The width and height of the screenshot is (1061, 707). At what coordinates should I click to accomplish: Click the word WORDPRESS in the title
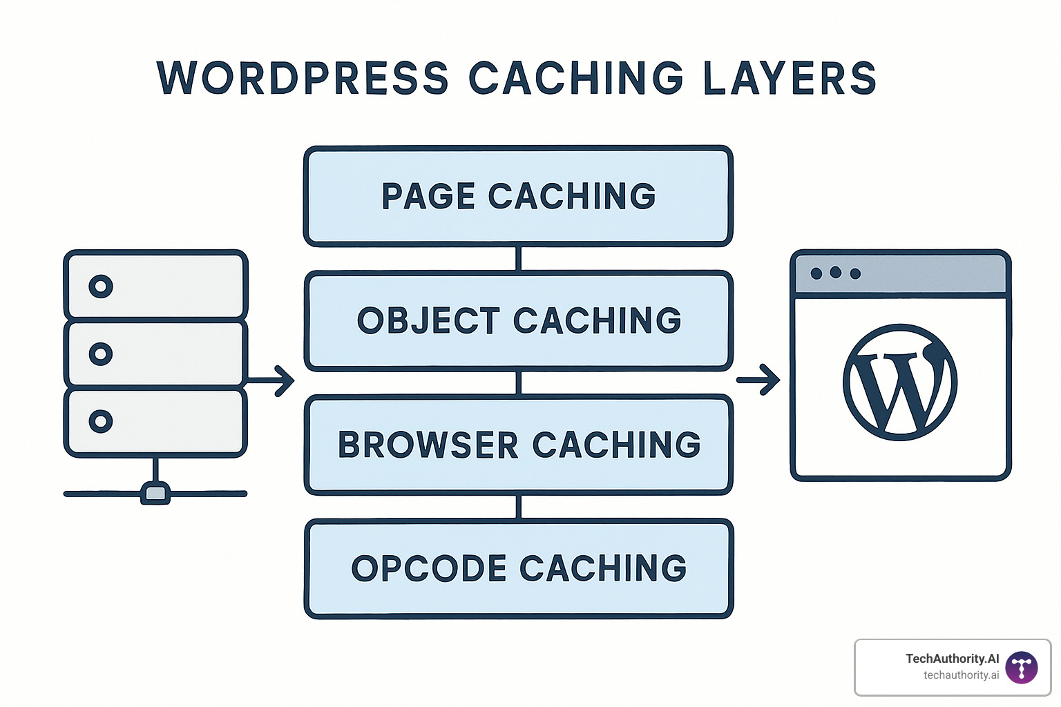pyautogui.click(x=303, y=78)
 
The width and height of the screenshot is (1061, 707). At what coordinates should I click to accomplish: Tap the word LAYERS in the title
pyautogui.click(x=790, y=78)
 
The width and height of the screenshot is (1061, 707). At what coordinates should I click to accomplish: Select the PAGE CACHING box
pyautogui.click(x=518, y=196)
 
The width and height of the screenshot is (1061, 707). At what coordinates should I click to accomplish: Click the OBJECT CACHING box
pyautogui.click(x=518, y=320)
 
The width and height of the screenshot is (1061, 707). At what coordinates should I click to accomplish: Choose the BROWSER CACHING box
pyautogui.click(x=518, y=445)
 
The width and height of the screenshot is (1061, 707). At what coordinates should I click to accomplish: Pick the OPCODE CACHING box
pyautogui.click(x=518, y=568)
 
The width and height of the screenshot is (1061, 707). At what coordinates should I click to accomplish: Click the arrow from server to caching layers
pyautogui.click(x=271, y=380)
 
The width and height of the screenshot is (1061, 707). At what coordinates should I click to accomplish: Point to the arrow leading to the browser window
pyautogui.click(x=758, y=380)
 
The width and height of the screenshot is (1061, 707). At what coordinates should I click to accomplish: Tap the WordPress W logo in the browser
pyautogui.click(x=900, y=382)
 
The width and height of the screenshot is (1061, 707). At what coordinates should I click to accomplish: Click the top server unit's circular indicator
pyautogui.click(x=101, y=286)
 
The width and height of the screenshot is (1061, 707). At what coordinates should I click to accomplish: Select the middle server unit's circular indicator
pyautogui.click(x=101, y=353)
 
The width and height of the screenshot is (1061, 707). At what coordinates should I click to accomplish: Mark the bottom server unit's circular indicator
pyautogui.click(x=101, y=420)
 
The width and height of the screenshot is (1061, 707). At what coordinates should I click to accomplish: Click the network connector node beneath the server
pyautogui.click(x=155, y=493)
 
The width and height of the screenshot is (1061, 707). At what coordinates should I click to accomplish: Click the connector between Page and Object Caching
pyautogui.click(x=518, y=258)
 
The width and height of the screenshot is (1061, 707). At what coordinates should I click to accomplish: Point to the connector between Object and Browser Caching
pyautogui.click(x=518, y=382)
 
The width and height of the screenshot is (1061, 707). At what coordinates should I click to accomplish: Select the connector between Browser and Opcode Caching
pyautogui.click(x=518, y=507)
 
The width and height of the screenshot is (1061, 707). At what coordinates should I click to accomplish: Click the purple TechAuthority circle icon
pyautogui.click(x=1022, y=668)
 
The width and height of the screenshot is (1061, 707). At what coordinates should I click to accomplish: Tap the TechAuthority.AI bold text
pyautogui.click(x=952, y=659)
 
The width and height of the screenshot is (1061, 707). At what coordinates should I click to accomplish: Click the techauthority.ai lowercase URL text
pyautogui.click(x=961, y=675)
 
